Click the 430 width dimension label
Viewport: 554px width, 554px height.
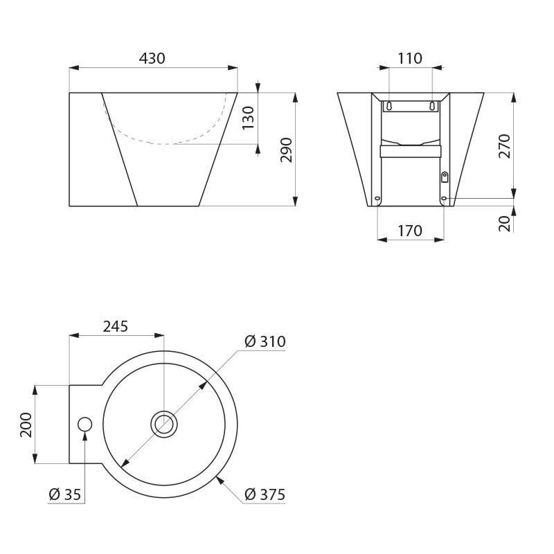pyautogui.click(x=152, y=58)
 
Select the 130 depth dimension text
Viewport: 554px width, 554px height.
pyautogui.click(x=249, y=118)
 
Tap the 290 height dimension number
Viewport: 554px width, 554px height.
pyautogui.click(x=286, y=150)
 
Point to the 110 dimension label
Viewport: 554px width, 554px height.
pyautogui.click(x=410, y=58)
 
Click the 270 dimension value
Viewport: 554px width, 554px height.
pyautogui.click(x=505, y=146)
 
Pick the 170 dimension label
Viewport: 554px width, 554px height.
pyautogui.click(x=410, y=231)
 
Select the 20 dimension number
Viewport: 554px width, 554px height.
pyautogui.click(x=505, y=223)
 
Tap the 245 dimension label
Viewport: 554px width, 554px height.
pyautogui.click(x=115, y=326)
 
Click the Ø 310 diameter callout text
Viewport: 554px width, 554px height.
pyautogui.click(x=265, y=341)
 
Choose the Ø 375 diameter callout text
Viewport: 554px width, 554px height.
pyautogui.click(x=265, y=494)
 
